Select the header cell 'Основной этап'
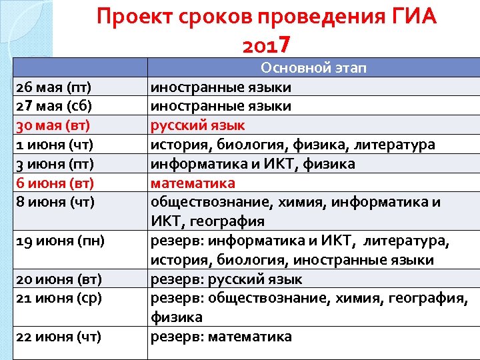(x=313, y=68)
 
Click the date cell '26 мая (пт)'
(x=53, y=87)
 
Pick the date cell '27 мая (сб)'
(x=53, y=106)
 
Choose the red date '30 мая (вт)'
(x=53, y=125)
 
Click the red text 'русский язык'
(x=198, y=125)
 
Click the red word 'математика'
(x=193, y=183)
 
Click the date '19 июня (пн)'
(x=59, y=241)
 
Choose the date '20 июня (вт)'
(x=57, y=279)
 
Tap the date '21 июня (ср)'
(x=58, y=298)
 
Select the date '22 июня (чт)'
(x=57, y=337)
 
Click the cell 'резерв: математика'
(x=221, y=337)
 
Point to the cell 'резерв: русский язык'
(x=227, y=279)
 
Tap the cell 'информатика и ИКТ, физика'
(x=253, y=164)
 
